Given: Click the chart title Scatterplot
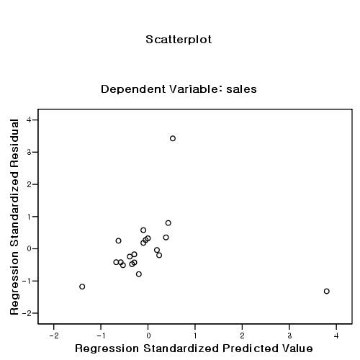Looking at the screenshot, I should tap(179, 40).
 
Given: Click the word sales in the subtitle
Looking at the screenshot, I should tap(241, 90).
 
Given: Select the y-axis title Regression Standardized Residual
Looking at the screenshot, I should tap(14, 217).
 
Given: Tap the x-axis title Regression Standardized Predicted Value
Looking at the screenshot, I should tap(194, 348).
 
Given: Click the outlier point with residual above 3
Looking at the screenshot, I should tap(173, 138).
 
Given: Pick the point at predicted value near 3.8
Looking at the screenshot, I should tap(326, 291).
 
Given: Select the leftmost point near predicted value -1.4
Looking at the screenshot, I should tap(82, 287).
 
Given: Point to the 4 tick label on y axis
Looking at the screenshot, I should tap(27, 120).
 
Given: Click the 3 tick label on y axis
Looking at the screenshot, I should tap(27, 152).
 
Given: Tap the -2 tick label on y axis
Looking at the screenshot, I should tap(26, 313).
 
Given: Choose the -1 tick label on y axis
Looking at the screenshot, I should tap(26, 281).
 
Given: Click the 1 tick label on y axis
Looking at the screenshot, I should tap(27, 217).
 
